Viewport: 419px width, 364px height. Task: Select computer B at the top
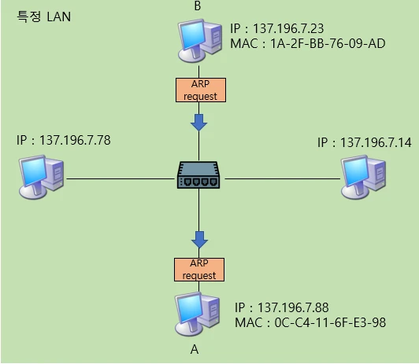click(x=199, y=41)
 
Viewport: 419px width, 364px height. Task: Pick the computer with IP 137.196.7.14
click(x=363, y=175)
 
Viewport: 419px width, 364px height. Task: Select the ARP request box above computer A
click(x=199, y=269)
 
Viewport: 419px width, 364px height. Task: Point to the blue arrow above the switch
click(x=199, y=121)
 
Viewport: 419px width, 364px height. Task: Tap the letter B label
click(x=197, y=7)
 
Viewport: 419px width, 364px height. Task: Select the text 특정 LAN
click(x=44, y=17)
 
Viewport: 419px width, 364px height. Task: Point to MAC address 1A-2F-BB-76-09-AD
click(x=308, y=43)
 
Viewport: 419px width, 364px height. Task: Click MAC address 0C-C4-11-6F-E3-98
click(x=310, y=322)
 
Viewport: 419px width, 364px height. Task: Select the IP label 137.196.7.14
click(x=364, y=142)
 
